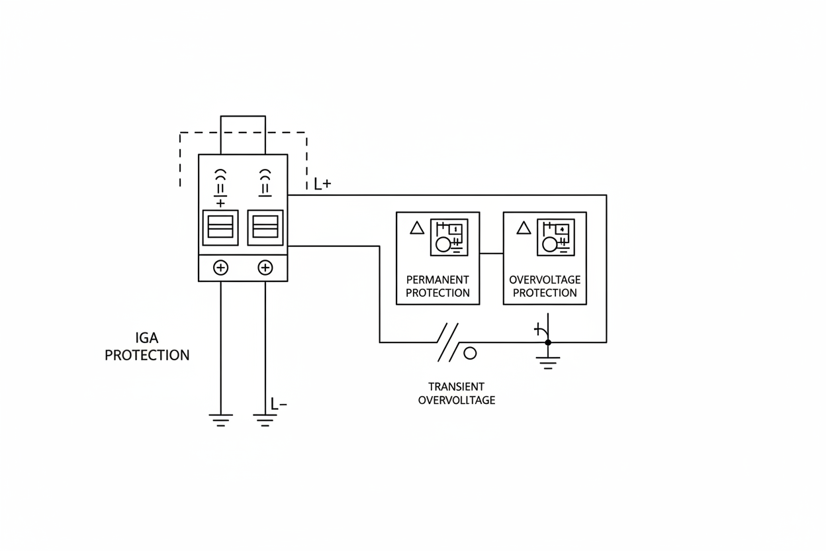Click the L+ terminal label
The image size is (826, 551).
pos(322,184)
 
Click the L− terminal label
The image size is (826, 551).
pos(279,403)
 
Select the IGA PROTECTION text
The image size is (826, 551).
pos(147,346)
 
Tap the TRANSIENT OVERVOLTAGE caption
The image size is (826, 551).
pos(456,393)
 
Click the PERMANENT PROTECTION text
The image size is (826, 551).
pos(437,286)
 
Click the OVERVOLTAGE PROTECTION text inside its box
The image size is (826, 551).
pos(544,286)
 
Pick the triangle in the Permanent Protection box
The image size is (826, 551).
pos(417,228)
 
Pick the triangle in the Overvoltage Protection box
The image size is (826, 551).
pos(524,228)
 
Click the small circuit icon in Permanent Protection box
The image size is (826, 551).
pos(449,237)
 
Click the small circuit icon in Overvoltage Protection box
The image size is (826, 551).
pos(556,237)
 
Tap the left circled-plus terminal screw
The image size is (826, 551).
pos(220,268)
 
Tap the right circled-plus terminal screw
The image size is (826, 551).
pos(265,268)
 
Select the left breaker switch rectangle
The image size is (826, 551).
pos(220,227)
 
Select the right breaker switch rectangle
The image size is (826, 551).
pos(265,227)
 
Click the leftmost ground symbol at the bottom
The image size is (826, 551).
pos(220,419)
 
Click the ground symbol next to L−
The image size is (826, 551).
pos(264,419)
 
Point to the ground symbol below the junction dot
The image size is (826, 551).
pos(547,362)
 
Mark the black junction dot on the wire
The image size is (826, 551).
pos(547,342)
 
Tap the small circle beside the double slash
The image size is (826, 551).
pos(470,353)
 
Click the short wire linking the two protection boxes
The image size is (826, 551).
pos(491,253)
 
